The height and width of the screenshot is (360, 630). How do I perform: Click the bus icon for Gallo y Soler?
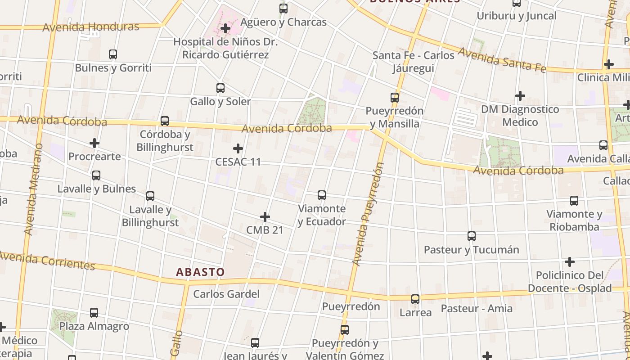(220, 88)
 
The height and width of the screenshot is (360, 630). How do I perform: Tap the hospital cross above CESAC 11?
(238, 148)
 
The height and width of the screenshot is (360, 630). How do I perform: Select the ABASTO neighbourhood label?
(200, 272)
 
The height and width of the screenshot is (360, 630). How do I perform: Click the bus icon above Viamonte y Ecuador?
(322, 195)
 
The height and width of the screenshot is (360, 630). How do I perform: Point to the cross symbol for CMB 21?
(265, 217)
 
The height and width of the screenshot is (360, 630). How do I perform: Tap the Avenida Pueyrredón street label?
(369, 214)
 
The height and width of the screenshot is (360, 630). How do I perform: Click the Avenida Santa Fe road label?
(502, 60)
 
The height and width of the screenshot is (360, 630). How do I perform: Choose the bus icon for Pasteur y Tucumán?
(472, 236)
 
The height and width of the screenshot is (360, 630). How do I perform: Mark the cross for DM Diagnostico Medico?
(520, 96)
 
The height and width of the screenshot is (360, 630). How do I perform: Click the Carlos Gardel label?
(226, 294)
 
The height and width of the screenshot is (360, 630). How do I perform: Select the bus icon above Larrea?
(415, 299)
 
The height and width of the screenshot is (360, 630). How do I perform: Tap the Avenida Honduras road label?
(91, 27)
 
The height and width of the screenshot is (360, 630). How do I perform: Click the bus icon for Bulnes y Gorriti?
(113, 55)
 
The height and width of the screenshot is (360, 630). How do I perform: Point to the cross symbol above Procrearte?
(94, 144)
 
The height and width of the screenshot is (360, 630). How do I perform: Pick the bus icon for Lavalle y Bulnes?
(96, 175)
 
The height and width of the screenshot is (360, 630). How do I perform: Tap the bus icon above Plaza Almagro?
(94, 313)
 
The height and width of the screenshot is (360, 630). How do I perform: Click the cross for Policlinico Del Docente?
(570, 262)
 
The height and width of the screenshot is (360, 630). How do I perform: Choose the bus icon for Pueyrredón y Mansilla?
(395, 98)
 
